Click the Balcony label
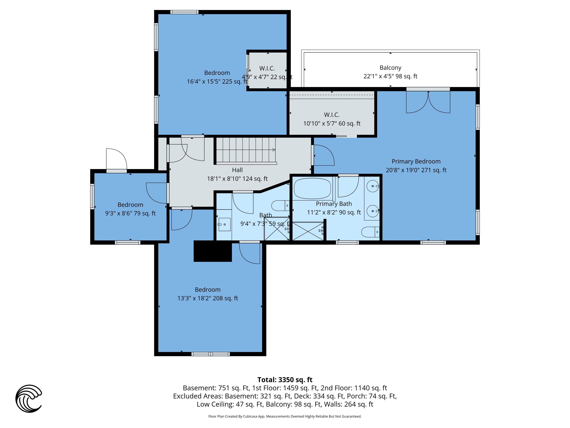click(390, 68)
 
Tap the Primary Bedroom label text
click(416, 161)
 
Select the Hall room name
click(237, 170)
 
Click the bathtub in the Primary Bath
click(312, 189)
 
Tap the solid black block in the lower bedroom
click(213, 251)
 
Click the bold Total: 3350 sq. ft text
click(285, 380)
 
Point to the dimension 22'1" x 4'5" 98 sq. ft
click(390, 76)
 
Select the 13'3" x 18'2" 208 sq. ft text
click(208, 298)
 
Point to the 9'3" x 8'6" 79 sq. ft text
click(130, 213)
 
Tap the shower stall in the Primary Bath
click(308, 231)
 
